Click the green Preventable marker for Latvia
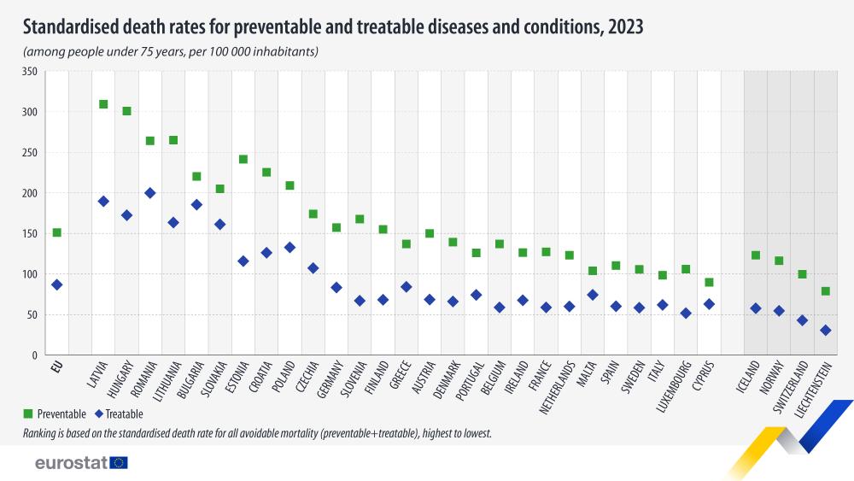(103, 104)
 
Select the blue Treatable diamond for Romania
(150, 193)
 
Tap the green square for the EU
(56, 232)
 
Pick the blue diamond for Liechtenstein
(826, 330)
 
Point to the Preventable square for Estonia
(243, 159)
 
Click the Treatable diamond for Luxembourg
(686, 314)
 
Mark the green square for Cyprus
(709, 282)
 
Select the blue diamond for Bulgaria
(196, 204)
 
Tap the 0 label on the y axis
(34, 355)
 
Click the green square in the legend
(30, 414)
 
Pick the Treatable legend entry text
(125, 414)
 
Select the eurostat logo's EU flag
(119, 463)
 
